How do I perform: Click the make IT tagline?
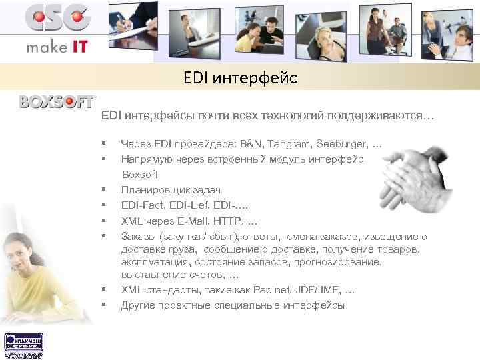click(x=57, y=49)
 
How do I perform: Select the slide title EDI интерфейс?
click(x=240, y=79)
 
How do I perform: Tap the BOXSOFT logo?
click(x=57, y=102)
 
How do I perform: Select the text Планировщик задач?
click(x=170, y=190)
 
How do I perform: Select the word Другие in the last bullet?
click(x=137, y=305)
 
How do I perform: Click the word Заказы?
click(x=138, y=236)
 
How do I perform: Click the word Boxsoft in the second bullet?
click(x=139, y=175)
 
